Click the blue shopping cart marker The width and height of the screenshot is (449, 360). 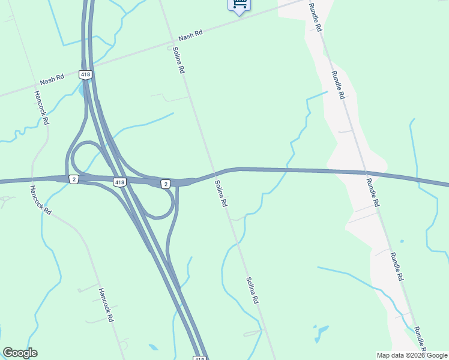239,5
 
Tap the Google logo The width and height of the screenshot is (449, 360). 20,353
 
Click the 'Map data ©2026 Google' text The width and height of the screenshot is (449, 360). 411,355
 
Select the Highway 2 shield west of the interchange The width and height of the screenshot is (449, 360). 73,180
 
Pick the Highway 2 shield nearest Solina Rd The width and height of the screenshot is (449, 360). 166,183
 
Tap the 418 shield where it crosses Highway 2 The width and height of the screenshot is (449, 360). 119,182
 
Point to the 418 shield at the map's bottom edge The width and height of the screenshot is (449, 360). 200,358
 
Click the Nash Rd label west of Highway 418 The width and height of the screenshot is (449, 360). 52,79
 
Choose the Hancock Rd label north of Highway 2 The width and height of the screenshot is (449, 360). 41,107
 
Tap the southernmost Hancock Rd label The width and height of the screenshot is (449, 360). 106,304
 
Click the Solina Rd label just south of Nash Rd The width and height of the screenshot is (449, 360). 178,60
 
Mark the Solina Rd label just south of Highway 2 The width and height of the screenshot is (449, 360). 221,194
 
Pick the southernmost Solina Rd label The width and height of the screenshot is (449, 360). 252,290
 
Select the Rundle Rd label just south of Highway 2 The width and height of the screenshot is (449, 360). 373,193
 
